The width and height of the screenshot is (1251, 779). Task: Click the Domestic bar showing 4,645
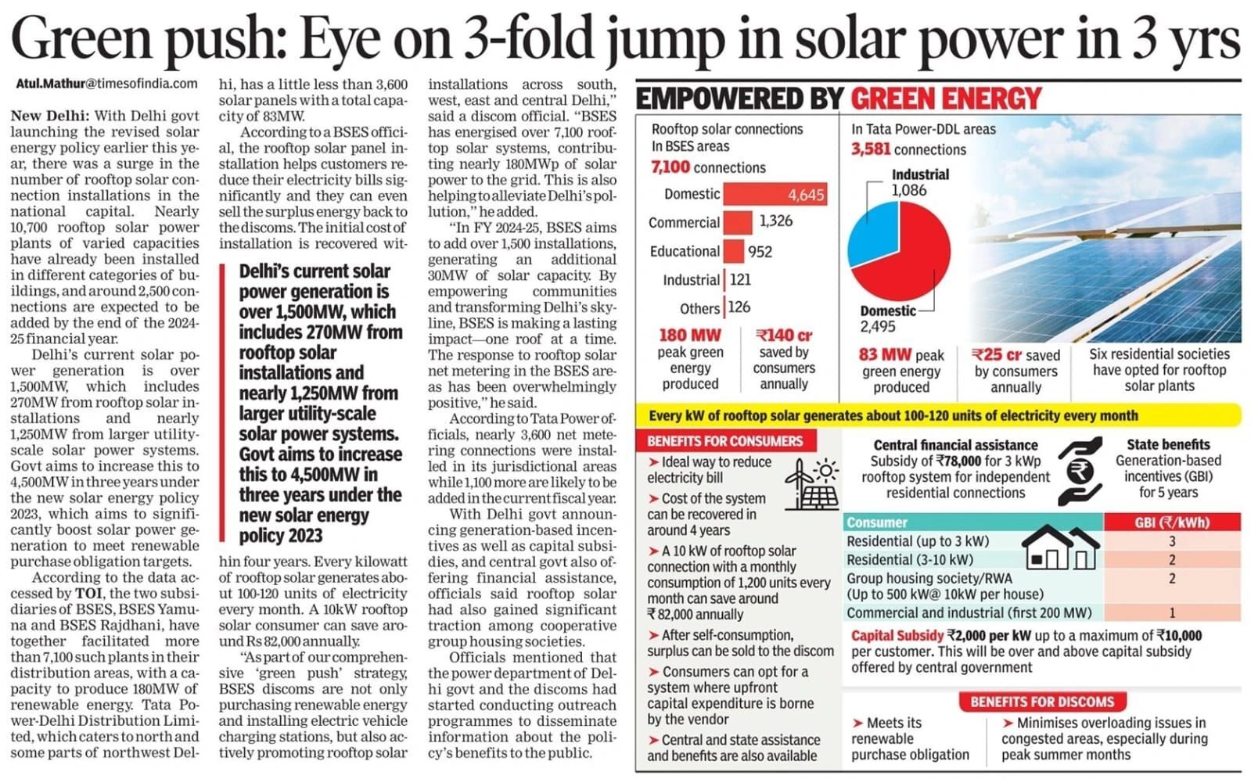(774, 194)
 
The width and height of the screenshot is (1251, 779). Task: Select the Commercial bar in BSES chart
(737, 222)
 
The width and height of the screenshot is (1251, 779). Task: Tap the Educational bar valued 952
(733, 251)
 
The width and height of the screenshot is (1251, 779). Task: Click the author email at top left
(106, 83)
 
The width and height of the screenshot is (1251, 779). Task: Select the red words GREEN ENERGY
(946, 99)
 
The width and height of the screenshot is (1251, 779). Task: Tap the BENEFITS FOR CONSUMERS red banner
(724, 441)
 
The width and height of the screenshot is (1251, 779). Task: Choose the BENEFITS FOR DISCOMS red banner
(1041, 702)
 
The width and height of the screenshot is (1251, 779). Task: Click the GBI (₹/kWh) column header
(1171, 522)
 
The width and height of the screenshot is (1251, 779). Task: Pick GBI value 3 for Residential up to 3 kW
(1171, 541)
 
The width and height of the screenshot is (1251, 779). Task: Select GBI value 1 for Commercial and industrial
(1171, 613)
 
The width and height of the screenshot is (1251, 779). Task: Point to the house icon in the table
(1061, 547)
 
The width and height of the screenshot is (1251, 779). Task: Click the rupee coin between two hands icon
(1083, 471)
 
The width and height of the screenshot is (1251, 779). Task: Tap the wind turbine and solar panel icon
(811, 483)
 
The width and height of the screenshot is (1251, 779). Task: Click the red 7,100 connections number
(670, 167)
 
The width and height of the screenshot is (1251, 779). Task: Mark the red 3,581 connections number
(871, 149)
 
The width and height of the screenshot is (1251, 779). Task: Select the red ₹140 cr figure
(784, 335)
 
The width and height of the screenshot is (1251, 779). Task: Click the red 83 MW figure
(885, 354)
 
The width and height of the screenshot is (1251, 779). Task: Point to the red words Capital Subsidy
(897, 635)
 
